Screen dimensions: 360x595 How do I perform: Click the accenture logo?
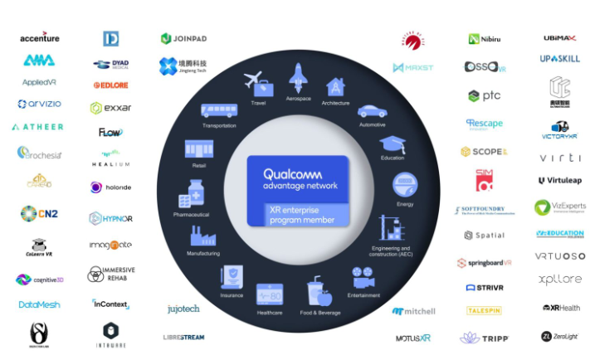(39, 37)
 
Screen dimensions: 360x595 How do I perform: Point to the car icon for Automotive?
(371, 111)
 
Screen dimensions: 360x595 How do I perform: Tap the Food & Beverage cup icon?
(318, 291)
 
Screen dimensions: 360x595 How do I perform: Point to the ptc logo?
(485, 95)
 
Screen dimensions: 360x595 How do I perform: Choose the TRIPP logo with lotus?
(485, 338)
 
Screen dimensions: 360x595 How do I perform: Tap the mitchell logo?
(413, 311)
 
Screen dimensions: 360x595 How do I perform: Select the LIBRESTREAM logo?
(183, 337)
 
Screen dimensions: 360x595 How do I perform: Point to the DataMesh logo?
(39, 304)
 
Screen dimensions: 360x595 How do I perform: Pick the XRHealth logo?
(562, 308)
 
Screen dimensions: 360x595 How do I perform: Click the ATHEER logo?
(37, 127)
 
